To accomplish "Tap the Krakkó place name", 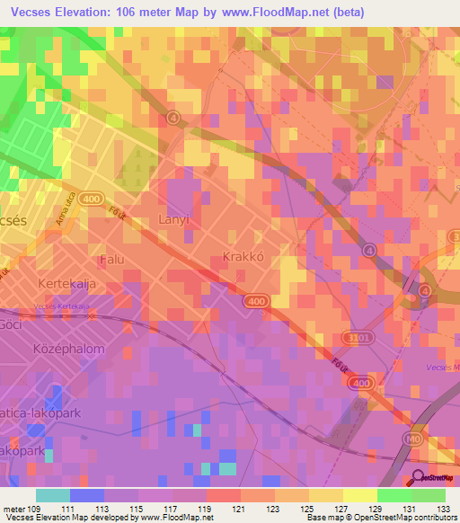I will pos(242,257).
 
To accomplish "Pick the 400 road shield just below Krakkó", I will pos(255,302).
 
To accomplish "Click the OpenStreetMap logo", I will pos(434,479).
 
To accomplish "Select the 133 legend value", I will pos(445,509).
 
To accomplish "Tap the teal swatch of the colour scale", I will pos(52,495).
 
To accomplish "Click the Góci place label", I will pos(11,323).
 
